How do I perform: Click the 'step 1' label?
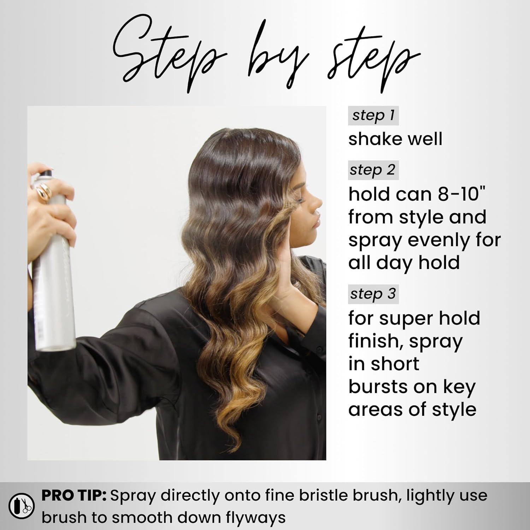(373, 116)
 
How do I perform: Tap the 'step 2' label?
(373, 170)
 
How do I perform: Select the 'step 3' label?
(373, 294)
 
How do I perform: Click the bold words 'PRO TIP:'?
(74, 495)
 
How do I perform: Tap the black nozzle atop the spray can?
(45, 173)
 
